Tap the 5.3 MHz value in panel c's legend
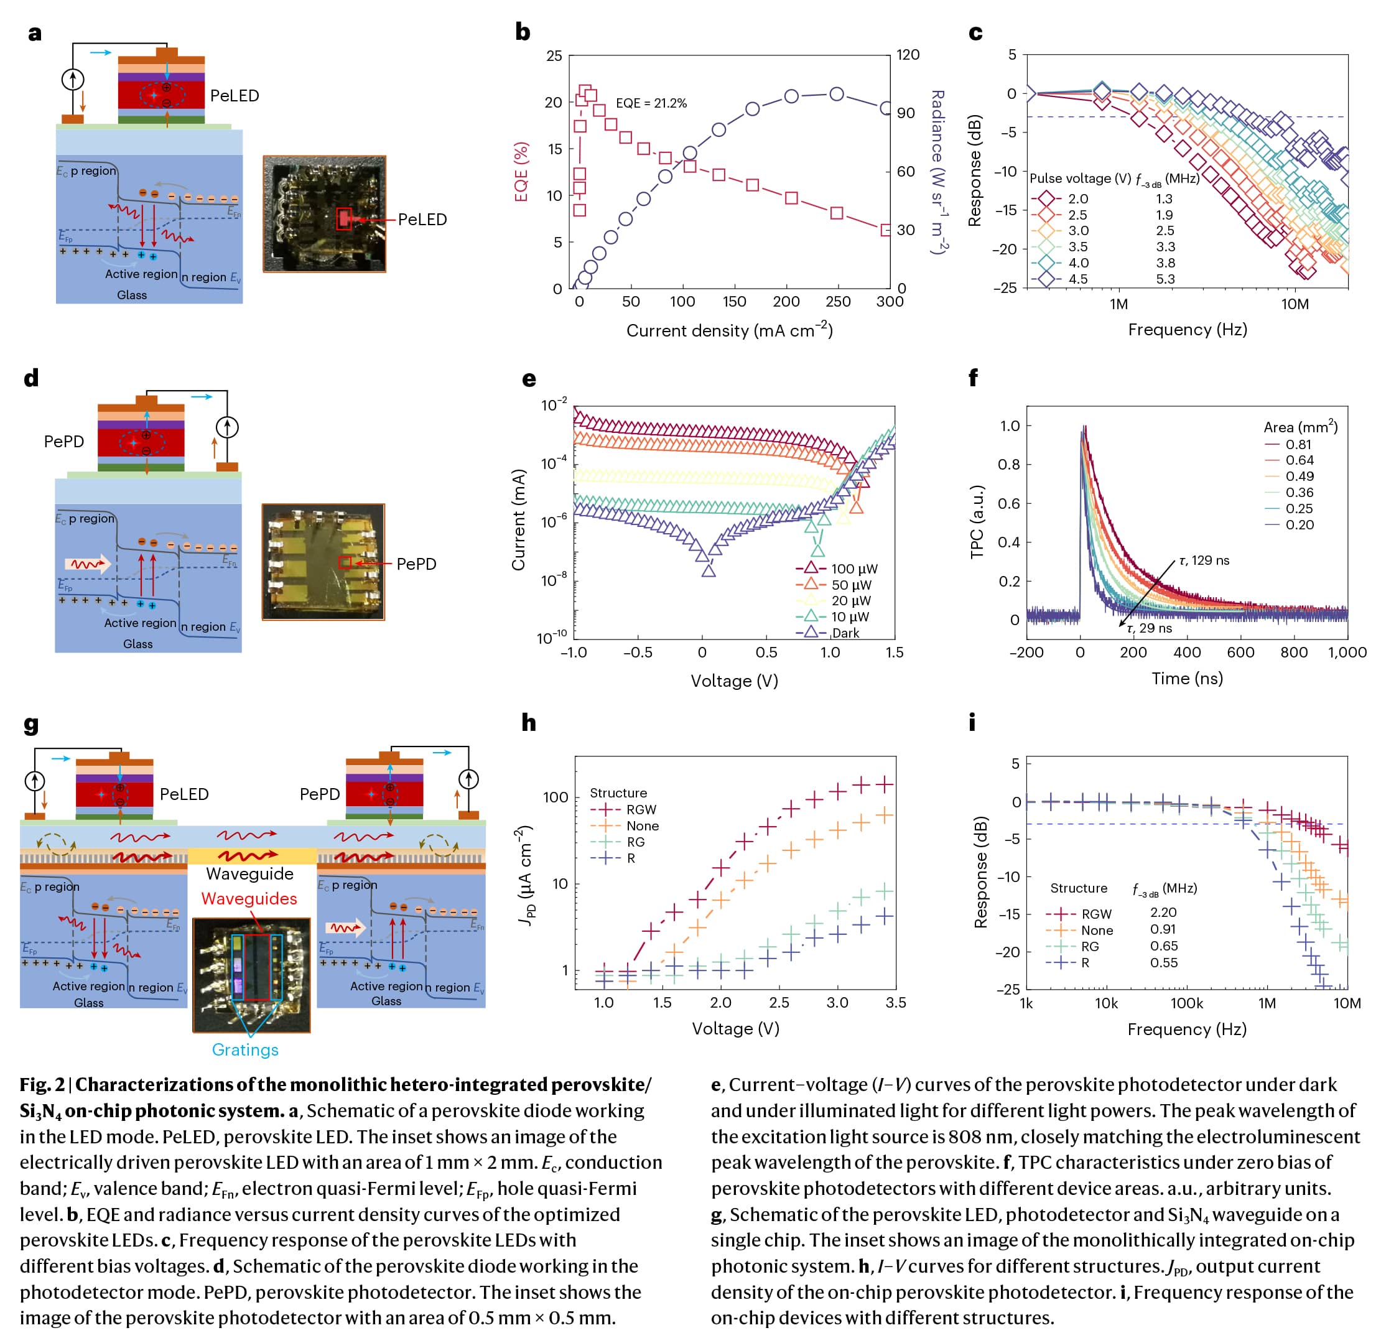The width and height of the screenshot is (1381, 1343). pos(1165,279)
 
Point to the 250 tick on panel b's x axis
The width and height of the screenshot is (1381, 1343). pos(837,302)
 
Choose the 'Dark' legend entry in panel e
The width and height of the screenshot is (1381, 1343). pos(845,633)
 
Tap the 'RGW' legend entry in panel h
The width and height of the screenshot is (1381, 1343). pos(640,810)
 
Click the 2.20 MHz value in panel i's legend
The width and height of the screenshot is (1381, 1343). pos(1163,912)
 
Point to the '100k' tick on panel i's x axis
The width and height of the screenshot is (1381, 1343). pos(1186,1003)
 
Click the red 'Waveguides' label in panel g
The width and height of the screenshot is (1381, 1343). pos(249,899)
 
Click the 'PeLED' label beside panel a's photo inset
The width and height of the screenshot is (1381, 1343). pos(422,220)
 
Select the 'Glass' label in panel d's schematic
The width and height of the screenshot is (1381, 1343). pos(137,644)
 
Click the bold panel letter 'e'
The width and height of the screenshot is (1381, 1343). pos(529,379)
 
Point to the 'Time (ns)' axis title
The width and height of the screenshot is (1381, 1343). pos(1187,679)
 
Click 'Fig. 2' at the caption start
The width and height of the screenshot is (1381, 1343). pos(42,1085)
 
